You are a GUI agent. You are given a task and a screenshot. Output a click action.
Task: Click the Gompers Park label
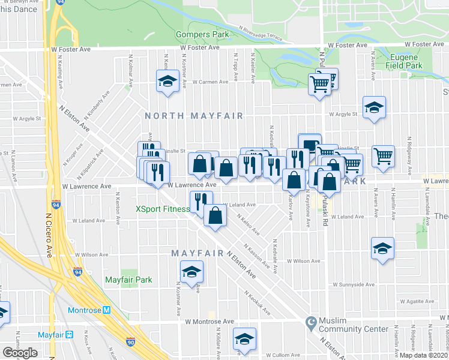(x=202, y=34)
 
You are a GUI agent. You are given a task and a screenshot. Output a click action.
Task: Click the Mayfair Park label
(x=128, y=280)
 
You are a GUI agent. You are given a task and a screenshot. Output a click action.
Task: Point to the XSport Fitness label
(x=162, y=209)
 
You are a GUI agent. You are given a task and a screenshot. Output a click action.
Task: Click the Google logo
(x=20, y=353)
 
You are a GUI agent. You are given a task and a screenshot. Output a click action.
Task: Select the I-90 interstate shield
(x=131, y=343)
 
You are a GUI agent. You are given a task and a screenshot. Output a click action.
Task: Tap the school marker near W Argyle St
(x=374, y=107)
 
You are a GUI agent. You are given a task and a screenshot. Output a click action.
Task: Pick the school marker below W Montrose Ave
(x=244, y=338)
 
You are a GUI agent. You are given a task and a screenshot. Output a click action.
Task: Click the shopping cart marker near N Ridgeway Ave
(x=383, y=156)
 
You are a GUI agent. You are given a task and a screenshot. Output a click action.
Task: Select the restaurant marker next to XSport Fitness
(x=201, y=200)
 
